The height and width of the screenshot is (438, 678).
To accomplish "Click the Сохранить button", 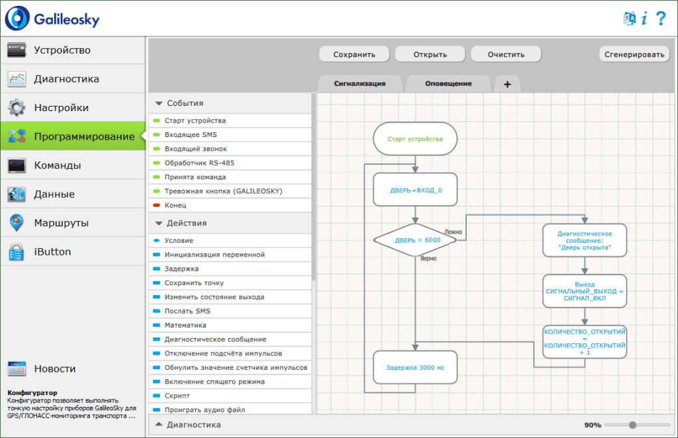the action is [x=354, y=54].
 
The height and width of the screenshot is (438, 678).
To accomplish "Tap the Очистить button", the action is [x=506, y=54].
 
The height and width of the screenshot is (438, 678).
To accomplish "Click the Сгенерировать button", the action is [x=634, y=54].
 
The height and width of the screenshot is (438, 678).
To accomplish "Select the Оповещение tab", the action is [x=448, y=84].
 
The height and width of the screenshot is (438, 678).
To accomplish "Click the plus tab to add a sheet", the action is [x=507, y=84].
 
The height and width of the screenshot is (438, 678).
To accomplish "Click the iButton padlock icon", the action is [x=17, y=251].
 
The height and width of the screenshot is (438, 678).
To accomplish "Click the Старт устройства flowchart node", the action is [x=415, y=139].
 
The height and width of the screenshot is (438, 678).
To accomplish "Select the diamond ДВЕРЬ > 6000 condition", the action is [x=415, y=240].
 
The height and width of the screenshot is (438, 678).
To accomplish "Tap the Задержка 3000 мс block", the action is [x=415, y=368].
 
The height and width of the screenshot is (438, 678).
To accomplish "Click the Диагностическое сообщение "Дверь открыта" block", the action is [x=585, y=241].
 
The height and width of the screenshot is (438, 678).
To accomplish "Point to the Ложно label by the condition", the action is [x=453, y=232].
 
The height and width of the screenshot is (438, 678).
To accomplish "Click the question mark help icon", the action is [x=661, y=18].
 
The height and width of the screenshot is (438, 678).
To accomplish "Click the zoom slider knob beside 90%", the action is [x=632, y=425].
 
